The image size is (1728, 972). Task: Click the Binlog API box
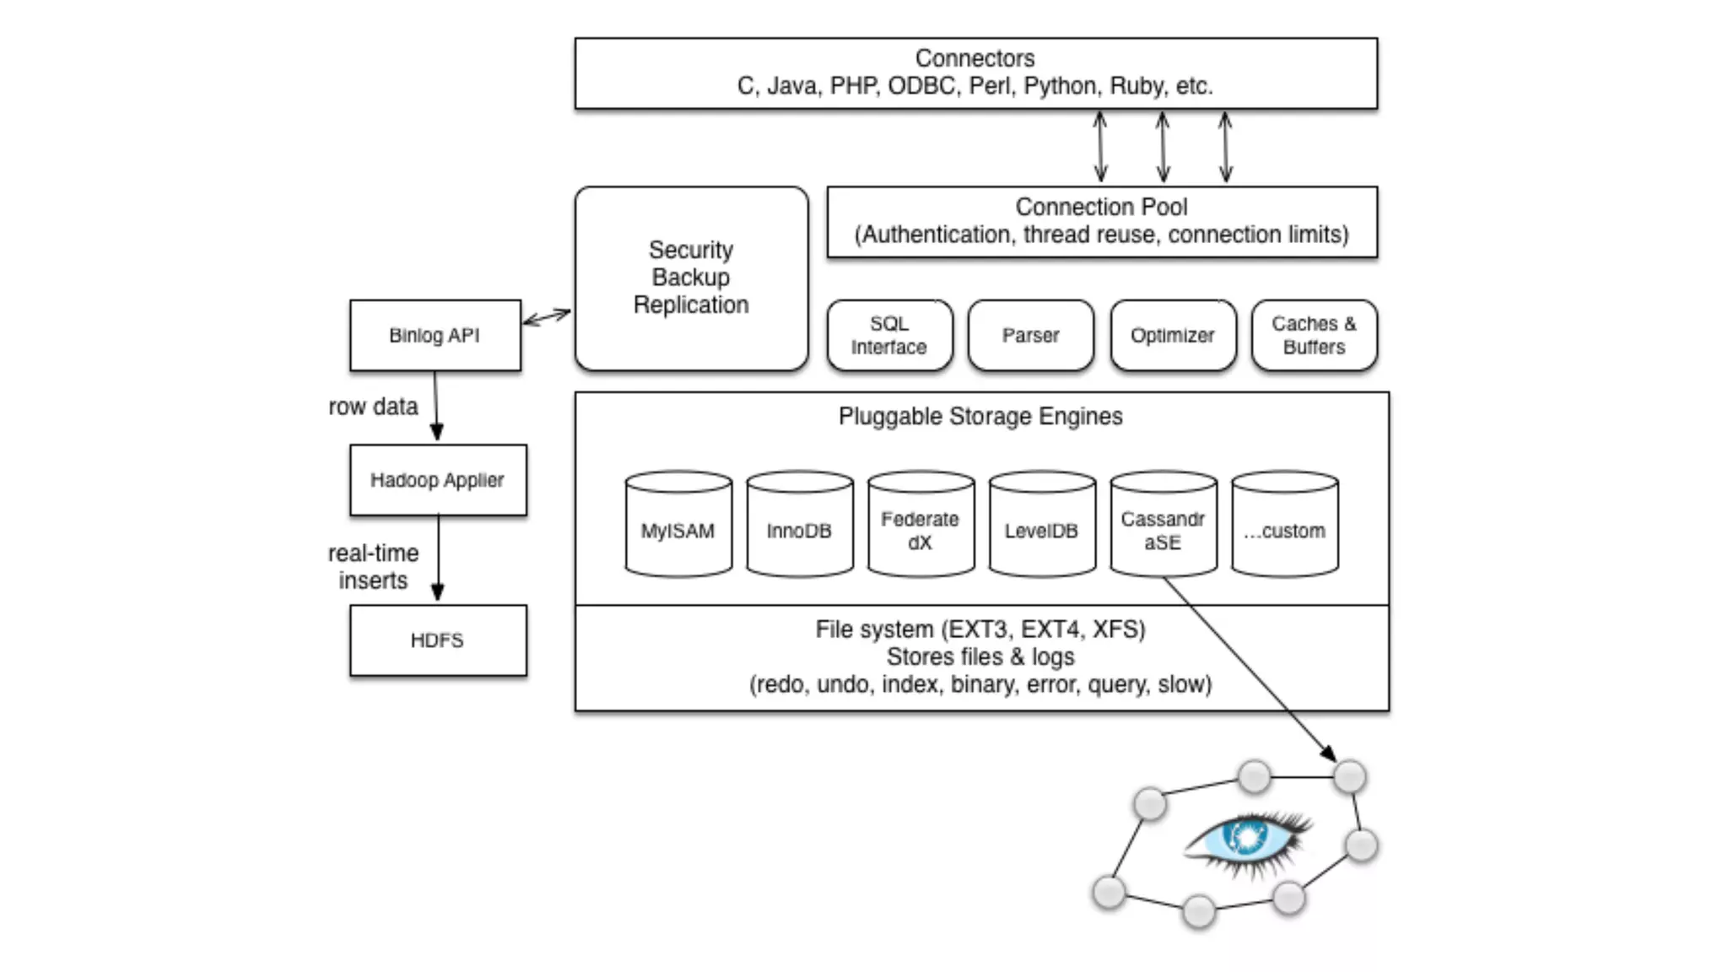point(435,335)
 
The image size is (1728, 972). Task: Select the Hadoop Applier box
point(438,480)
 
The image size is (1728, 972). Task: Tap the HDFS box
point(438,640)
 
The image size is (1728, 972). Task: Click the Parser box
point(1030,335)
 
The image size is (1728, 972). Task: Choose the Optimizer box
point(1173,335)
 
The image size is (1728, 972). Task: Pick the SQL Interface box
point(889,335)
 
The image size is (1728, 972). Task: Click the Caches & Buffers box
point(1314,335)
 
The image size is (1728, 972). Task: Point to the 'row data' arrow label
point(373,407)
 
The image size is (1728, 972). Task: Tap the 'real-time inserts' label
point(373,567)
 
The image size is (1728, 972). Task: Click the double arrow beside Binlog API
point(547,317)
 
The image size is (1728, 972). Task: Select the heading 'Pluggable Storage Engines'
point(980,416)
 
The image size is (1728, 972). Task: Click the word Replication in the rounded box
point(691,305)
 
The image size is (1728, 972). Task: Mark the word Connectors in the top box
point(975,58)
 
